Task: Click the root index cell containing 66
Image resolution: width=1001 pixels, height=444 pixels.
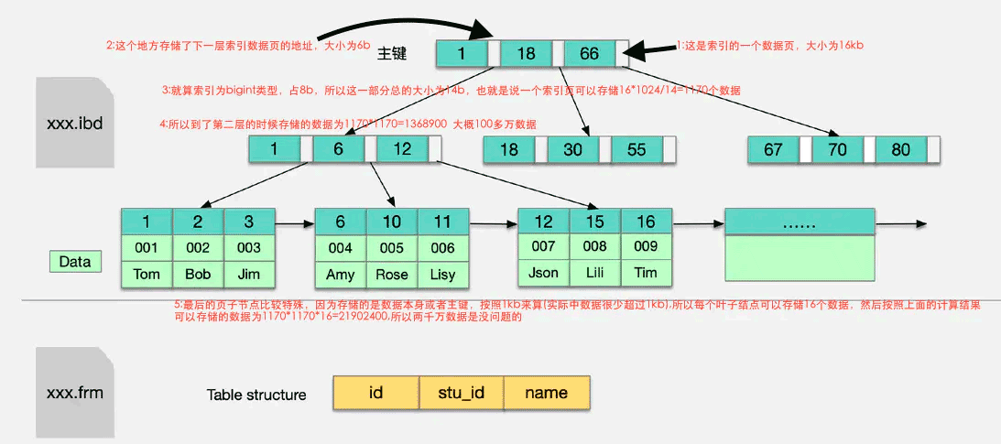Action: [590, 53]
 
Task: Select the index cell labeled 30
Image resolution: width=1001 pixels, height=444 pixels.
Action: [572, 150]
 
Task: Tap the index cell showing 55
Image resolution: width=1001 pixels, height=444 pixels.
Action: [637, 150]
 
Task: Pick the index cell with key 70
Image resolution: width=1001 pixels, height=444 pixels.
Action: [837, 150]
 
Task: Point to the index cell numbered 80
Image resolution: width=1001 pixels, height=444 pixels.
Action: [901, 150]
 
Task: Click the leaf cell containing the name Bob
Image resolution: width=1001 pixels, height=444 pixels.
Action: [198, 274]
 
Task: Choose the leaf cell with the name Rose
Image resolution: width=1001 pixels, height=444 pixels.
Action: [392, 275]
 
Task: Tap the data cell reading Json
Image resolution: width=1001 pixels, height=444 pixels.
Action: [544, 273]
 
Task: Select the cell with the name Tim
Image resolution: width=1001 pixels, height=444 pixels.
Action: [646, 273]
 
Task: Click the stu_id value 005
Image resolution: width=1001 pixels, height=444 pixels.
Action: [392, 248]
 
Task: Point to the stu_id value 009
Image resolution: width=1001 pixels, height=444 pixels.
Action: [646, 246]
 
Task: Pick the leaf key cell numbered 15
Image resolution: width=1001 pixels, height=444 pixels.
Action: [595, 221]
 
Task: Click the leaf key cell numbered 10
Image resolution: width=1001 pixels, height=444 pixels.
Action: [392, 222]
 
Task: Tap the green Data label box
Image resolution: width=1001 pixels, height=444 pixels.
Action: [75, 262]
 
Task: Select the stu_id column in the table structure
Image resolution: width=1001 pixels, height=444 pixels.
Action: [461, 393]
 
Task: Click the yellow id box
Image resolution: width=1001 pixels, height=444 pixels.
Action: [375, 393]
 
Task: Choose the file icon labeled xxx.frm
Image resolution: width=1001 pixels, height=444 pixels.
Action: [74, 394]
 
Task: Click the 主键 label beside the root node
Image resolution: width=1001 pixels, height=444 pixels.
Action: [392, 54]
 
